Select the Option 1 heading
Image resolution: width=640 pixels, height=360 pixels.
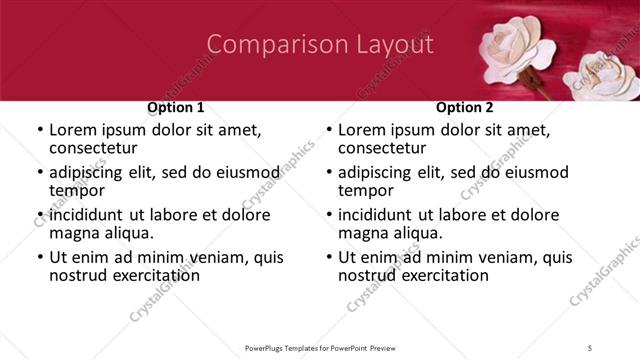[x=175, y=107]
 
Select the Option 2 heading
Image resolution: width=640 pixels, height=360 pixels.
[x=464, y=107]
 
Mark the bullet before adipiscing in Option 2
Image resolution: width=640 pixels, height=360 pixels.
[x=329, y=172]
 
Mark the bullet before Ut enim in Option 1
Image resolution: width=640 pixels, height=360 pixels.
[x=40, y=257]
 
